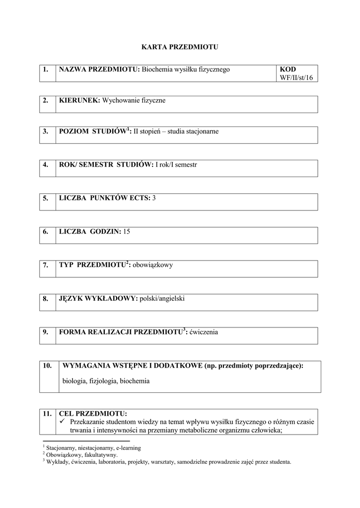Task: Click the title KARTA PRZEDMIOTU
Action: (180, 47)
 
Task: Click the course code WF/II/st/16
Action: (296, 77)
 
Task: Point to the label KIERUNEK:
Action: (79, 100)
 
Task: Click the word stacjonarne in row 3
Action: (201, 131)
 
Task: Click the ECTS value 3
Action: (154, 198)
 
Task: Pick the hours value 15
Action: (126, 231)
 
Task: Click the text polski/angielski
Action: (162, 298)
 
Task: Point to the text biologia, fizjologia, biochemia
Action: (106, 381)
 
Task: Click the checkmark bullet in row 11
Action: (63, 421)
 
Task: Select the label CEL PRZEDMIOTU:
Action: (93, 413)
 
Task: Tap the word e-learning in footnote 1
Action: (128, 447)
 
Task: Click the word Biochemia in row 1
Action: (156, 69)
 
